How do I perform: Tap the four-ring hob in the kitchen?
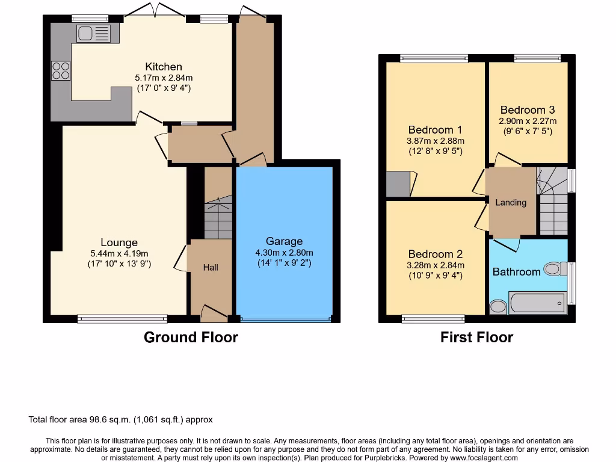[x=60, y=71]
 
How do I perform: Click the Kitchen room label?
[x=163, y=67]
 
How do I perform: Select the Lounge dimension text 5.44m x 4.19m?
[x=119, y=253]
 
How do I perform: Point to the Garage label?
[x=284, y=242]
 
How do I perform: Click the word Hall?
[x=211, y=268]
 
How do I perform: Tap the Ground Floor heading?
[x=191, y=337]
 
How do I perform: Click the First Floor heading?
[x=476, y=337]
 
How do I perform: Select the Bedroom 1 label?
[x=435, y=130]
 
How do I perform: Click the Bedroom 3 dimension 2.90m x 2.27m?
[x=527, y=121]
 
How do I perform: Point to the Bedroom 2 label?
[x=435, y=254]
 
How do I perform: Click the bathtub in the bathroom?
[x=537, y=302]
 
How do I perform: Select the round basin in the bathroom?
[x=498, y=307]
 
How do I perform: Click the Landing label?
[x=511, y=203]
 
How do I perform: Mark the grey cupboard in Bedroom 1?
[x=398, y=184]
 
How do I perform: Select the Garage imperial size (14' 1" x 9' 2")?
[x=284, y=263]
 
